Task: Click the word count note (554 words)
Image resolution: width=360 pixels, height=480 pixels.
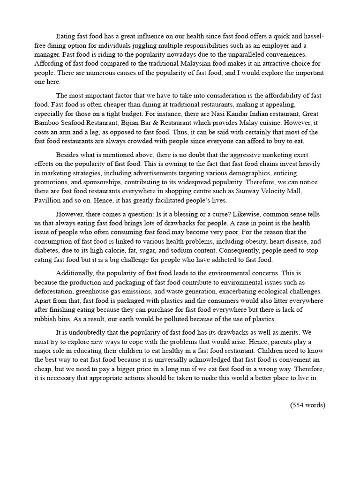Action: pyautogui.click(x=307, y=405)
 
